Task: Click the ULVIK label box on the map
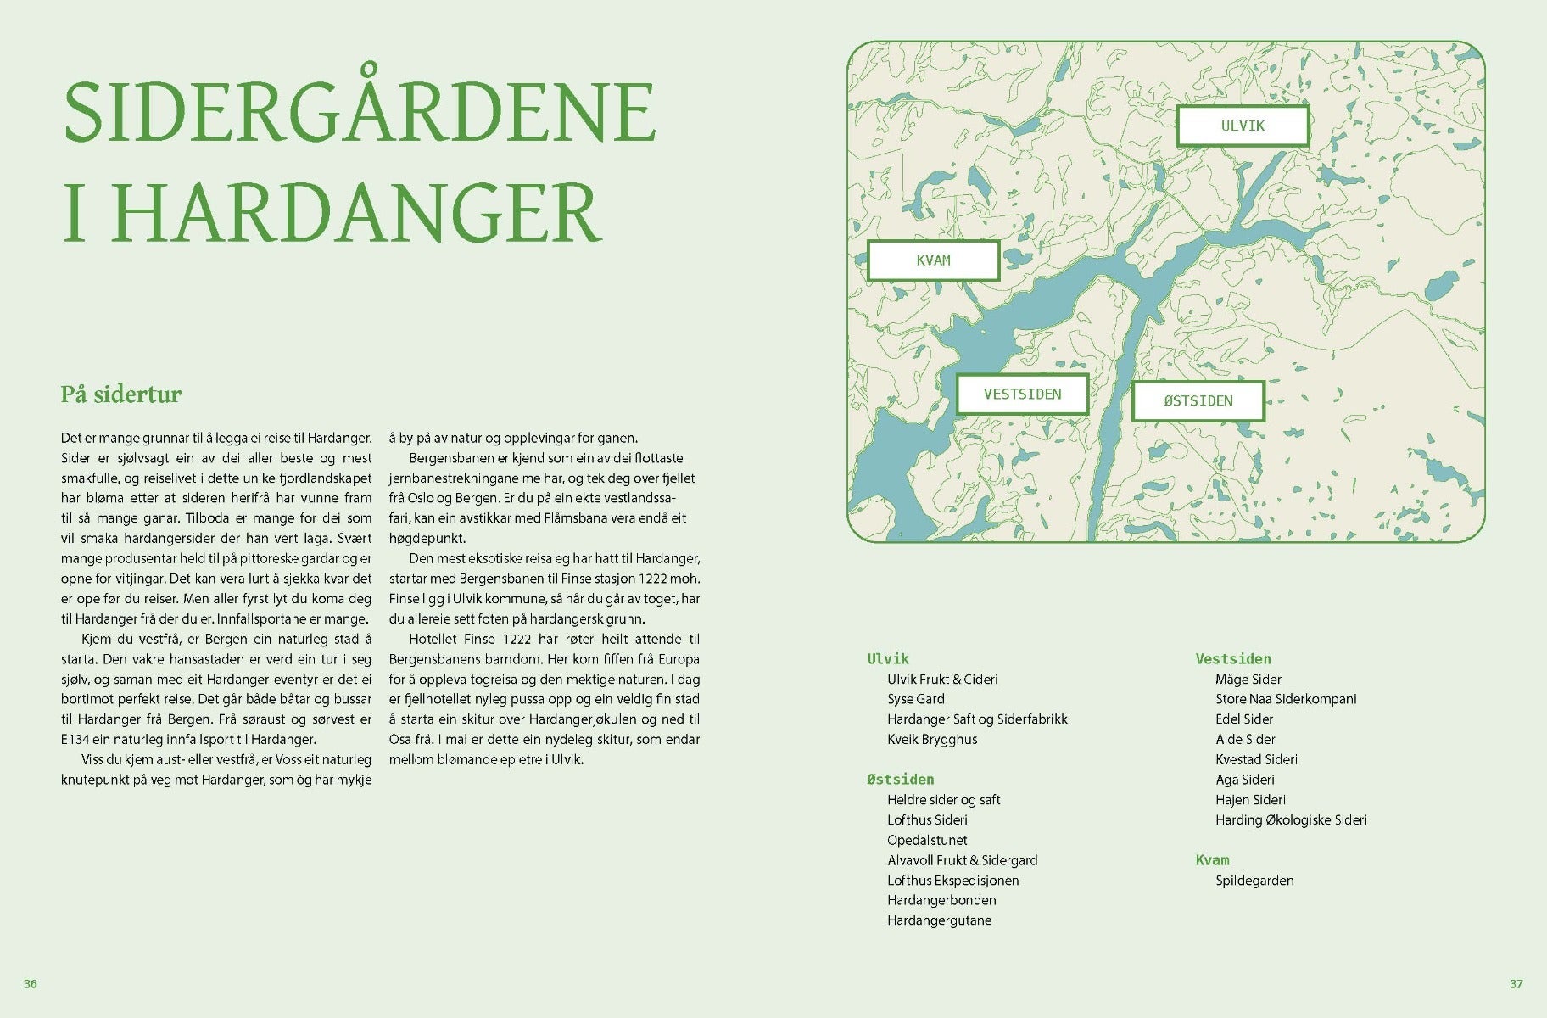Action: (1243, 126)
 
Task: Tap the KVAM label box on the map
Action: (933, 260)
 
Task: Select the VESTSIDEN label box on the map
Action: (1022, 394)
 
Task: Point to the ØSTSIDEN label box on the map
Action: (1198, 401)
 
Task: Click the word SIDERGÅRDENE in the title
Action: (360, 112)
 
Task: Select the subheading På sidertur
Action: (120, 394)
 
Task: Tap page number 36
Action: (31, 984)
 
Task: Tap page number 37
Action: (1516, 984)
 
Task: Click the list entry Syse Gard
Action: (915, 699)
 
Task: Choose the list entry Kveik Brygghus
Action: (932, 740)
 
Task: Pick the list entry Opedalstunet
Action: (927, 840)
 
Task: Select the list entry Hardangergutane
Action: (939, 920)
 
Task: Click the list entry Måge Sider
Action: (1248, 680)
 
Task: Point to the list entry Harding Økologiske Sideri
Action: (1291, 820)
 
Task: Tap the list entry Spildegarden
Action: (1254, 881)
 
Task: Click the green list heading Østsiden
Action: (900, 780)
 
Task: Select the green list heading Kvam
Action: (1212, 860)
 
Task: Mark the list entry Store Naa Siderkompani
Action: (1286, 699)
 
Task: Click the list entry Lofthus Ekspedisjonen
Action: (952, 881)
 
